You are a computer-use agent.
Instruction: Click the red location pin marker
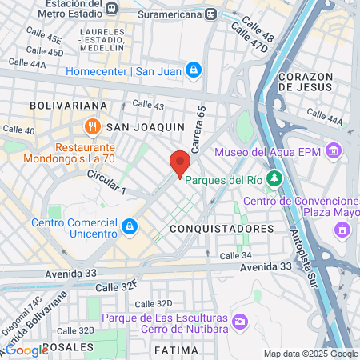click(180, 162)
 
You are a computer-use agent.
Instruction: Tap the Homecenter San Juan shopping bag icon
click(193, 70)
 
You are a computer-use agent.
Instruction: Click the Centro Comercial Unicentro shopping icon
click(129, 228)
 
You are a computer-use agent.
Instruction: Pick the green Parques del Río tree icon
click(275, 178)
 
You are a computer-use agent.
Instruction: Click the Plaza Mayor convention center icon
click(343, 229)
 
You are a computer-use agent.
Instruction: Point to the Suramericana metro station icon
click(210, 14)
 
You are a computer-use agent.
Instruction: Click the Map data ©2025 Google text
click(310, 354)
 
